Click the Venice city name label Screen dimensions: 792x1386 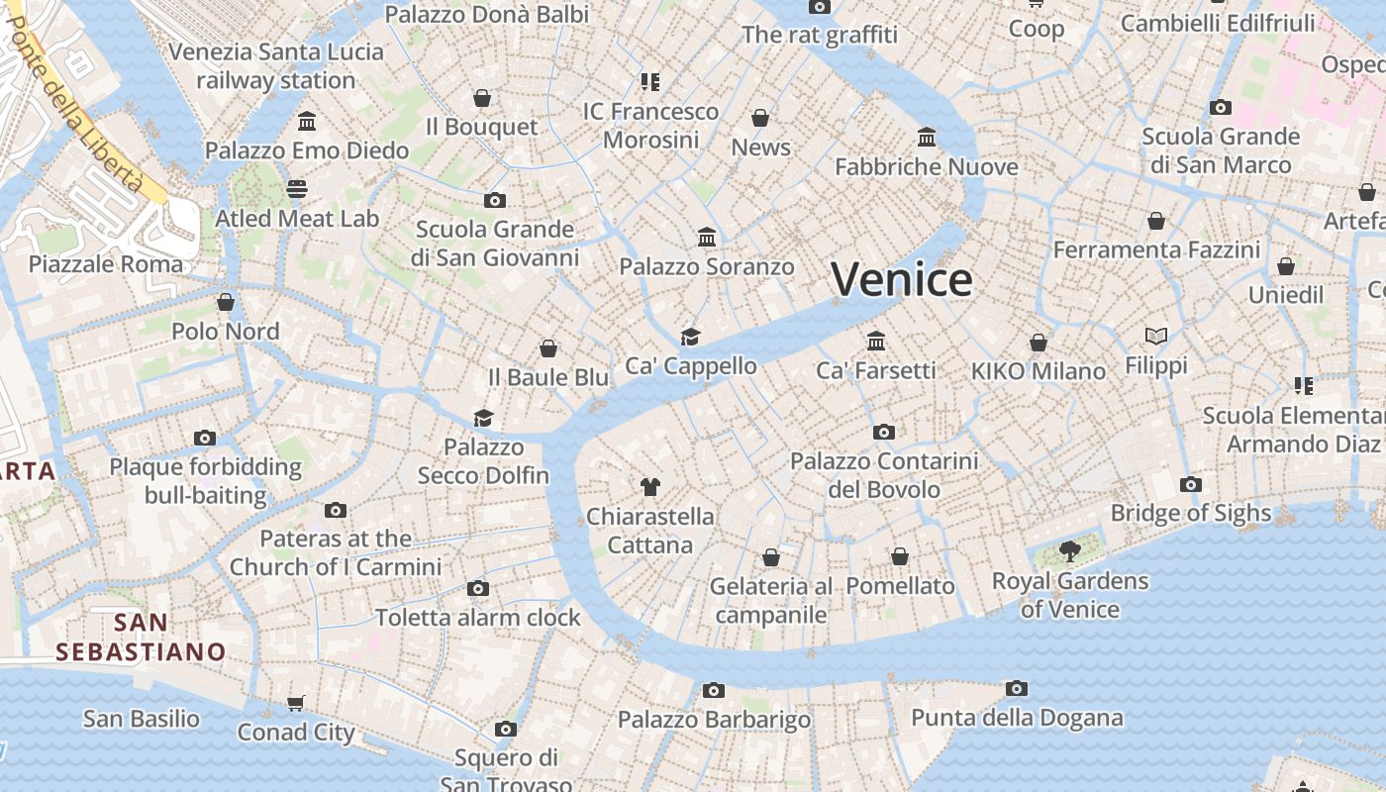pos(902,280)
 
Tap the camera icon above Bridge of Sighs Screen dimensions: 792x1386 pos(1191,484)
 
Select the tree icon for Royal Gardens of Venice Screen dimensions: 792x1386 pos(1069,551)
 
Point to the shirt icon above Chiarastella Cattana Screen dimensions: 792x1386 pos(649,486)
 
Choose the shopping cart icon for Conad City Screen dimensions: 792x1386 pos(295,704)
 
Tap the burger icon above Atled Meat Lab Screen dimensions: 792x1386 pos(297,188)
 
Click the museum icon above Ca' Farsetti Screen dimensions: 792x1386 pos(876,342)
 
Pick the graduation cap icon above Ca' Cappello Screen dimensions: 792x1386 pos(690,337)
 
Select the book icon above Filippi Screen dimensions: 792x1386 pos(1156,337)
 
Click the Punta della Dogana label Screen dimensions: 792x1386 pos(1017,718)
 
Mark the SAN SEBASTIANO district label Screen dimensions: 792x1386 pos(141,637)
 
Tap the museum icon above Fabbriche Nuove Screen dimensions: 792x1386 pos(927,137)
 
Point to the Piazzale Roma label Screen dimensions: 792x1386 pos(106,264)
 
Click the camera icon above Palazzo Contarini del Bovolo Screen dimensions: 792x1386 pos(884,432)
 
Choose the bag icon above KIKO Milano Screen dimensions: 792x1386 pos(1039,343)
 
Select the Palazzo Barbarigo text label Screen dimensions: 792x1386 pos(715,720)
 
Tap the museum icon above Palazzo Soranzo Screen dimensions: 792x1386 pos(707,238)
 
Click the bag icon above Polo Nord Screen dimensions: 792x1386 pos(226,302)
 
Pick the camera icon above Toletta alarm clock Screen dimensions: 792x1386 pos(478,588)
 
